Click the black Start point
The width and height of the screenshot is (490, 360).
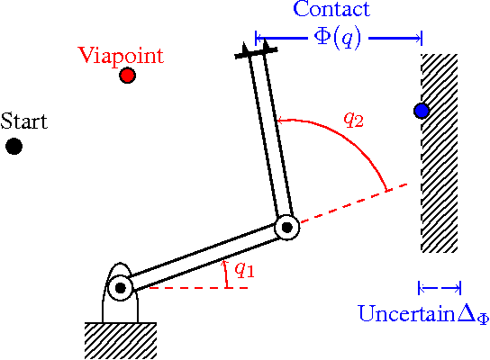click(14, 146)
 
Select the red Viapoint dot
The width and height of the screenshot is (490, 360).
click(127, 76)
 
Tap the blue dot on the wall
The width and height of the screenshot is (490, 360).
click(422, 111)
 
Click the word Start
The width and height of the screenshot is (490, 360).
click(24, 121)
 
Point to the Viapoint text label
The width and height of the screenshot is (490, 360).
click(121, 55)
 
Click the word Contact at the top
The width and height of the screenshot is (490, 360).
click(331, 11)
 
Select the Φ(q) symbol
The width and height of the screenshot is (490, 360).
click(338, 39)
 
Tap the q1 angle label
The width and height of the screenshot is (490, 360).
click(243, 267)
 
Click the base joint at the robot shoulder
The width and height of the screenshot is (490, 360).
click(120, 288)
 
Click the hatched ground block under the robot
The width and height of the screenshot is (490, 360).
click(121, 339)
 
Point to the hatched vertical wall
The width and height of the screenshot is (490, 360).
click(440, 153)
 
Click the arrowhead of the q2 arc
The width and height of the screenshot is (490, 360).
click(280, 118)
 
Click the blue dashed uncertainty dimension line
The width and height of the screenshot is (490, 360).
click(440, 288)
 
